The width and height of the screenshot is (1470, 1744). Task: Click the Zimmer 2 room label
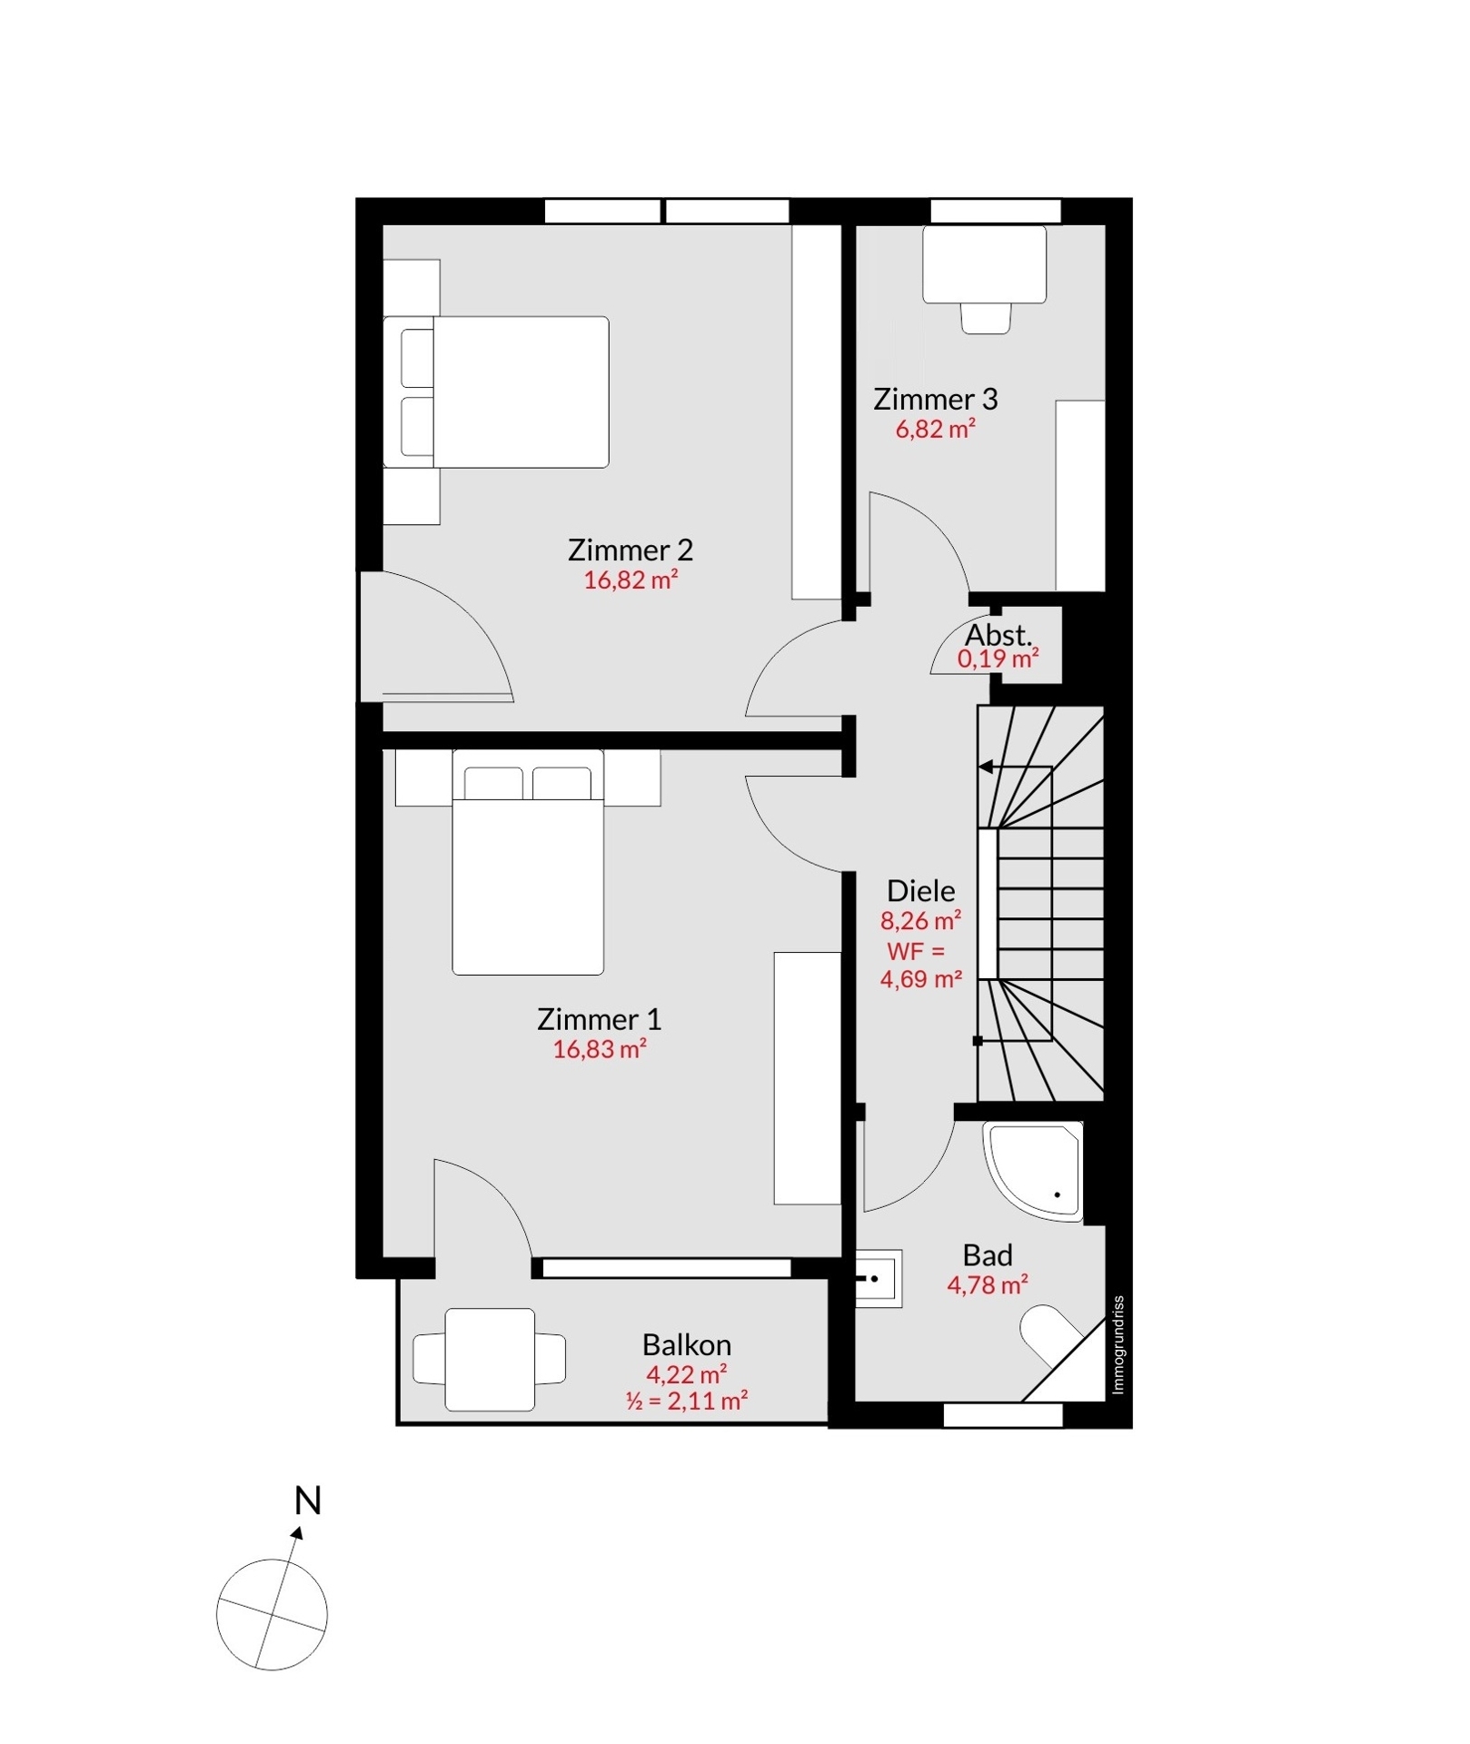click(x=630, y=550)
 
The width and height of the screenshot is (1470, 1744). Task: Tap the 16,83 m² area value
click(x=600, y=1049)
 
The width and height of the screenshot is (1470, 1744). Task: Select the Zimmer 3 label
click(x=935, y=399)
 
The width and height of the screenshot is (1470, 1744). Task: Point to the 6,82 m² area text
click(x=936, y=429)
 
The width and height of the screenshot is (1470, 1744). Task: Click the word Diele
click(x=920, y=890)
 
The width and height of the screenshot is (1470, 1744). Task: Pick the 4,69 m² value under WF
click(x=921, y=979)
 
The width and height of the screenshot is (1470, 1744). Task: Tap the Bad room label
click(x=988, y=1255)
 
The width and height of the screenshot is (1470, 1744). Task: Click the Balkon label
click(x=686, y=1344)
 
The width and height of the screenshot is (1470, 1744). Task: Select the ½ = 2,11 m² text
click(x=686, y=1400)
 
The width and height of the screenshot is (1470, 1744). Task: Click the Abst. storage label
click(x=998, y=634)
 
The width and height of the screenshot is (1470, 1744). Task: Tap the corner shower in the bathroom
click(x=1034, y=1172)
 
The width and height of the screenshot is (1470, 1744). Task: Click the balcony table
click(x=490, y=1360)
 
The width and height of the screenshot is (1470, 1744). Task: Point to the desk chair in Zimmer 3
click(x=986, y=318)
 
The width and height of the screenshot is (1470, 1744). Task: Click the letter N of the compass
click(x=308, y=1501)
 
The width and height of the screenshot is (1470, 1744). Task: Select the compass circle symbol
click(x=272, y=1614)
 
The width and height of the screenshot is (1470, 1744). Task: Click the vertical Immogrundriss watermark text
click(x=1118, y=1344)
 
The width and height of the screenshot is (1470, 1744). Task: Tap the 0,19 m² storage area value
click(x=998, y=659)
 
